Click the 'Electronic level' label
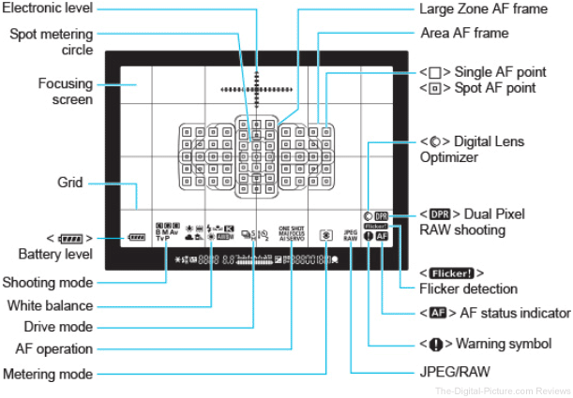51,11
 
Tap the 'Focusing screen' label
65,92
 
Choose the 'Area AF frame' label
464,34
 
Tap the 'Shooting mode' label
47,282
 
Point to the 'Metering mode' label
47,374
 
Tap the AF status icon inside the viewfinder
381,237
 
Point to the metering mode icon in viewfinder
324,237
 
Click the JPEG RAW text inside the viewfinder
351,236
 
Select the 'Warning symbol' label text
486,344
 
